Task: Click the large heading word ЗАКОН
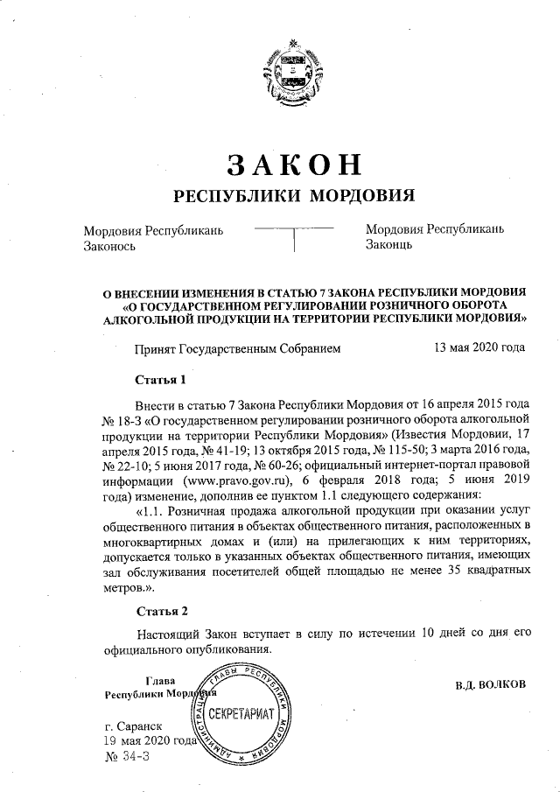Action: coord(280,164)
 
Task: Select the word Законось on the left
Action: coord(108,247)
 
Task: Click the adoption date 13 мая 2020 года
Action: coord(479,347)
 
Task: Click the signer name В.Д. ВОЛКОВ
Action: coord(490,684)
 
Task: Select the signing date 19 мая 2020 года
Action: coord(150,741)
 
